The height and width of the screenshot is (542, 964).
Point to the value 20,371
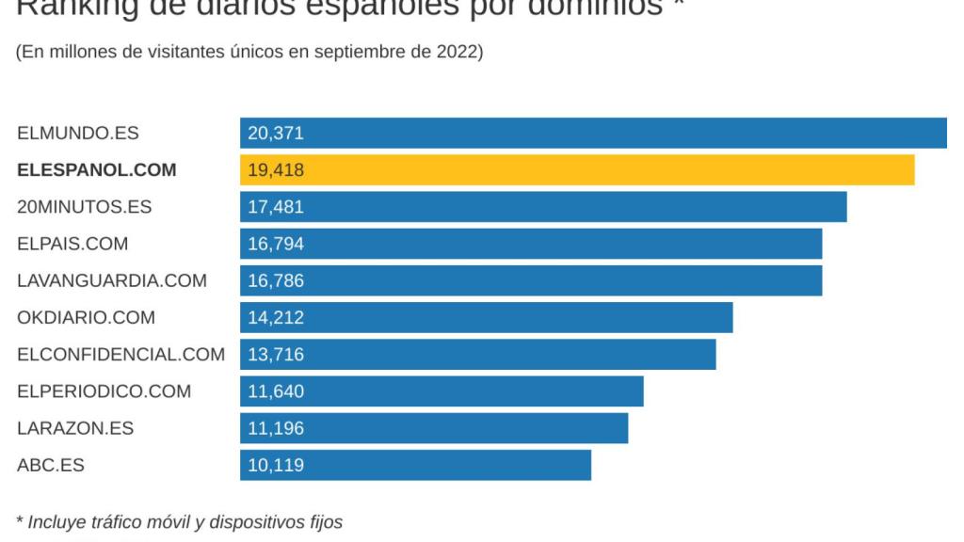pos(276,134)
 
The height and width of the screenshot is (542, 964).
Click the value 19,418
pos(276,170)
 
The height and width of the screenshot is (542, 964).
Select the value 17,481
pos(276,207)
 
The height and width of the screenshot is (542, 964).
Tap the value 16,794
pos(276,244)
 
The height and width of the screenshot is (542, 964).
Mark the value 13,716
pos(276,355)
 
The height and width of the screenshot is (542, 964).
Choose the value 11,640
pos(276,391)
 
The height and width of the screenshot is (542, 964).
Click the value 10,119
pos(276,465)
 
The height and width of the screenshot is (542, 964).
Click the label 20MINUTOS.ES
pos(84,207)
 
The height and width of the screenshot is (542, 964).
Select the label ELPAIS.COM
pos(72,244)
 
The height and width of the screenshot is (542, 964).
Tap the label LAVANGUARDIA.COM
pos(112,280)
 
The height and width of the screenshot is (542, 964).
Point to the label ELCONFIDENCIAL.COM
pos(120,355)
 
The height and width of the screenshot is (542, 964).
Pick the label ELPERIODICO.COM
pos(104,391)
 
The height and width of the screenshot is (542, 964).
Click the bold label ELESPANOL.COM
pos(96,170)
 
